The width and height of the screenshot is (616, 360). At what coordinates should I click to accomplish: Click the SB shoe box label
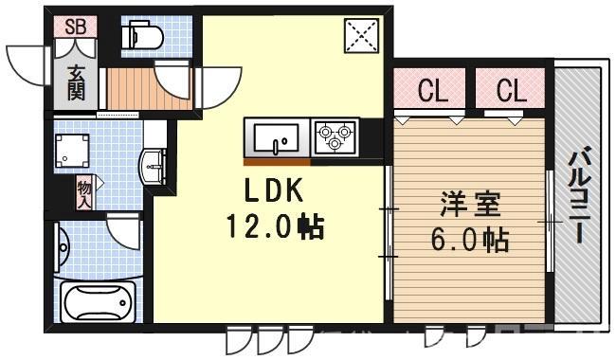(76, 27)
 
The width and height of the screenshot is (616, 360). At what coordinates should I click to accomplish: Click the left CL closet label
(433, 92)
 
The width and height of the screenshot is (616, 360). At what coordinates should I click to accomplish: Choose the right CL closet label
(511, 92)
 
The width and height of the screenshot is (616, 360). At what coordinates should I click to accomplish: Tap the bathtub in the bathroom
(98, 302)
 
